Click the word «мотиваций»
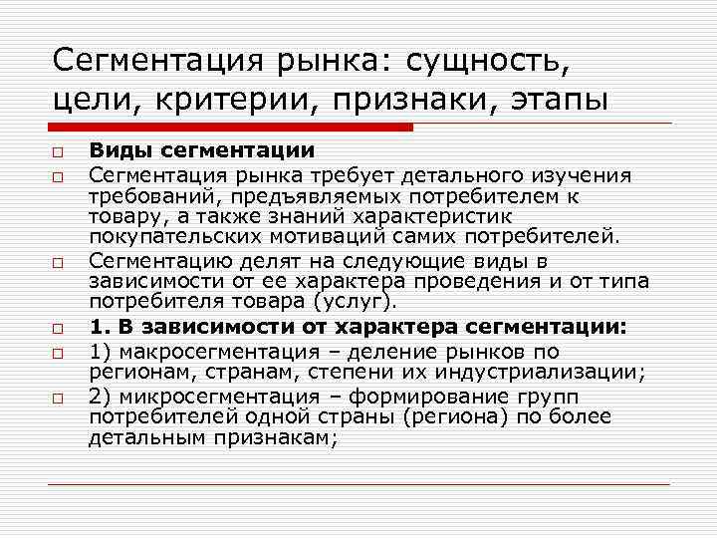point(311,238)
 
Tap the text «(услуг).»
point(360,301)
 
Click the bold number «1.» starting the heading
point(99,326)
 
